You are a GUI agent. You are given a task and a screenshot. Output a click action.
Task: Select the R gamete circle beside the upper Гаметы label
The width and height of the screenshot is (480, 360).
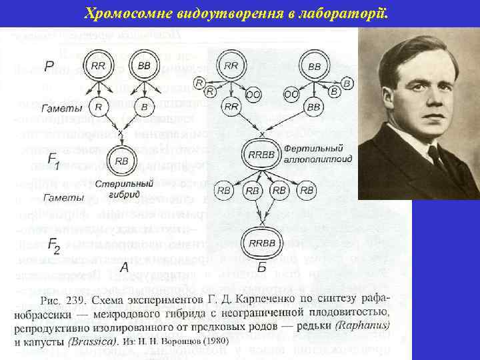coord(98,107)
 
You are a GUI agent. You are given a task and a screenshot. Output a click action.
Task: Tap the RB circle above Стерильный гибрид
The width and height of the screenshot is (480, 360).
coord(122,161)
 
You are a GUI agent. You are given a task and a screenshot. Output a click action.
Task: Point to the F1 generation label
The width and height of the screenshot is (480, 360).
coord(54,162)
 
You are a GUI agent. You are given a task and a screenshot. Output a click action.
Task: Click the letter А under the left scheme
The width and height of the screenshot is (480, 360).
coord(124,268)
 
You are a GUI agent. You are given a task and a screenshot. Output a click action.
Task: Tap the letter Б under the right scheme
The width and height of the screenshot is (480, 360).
coord(261,268)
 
